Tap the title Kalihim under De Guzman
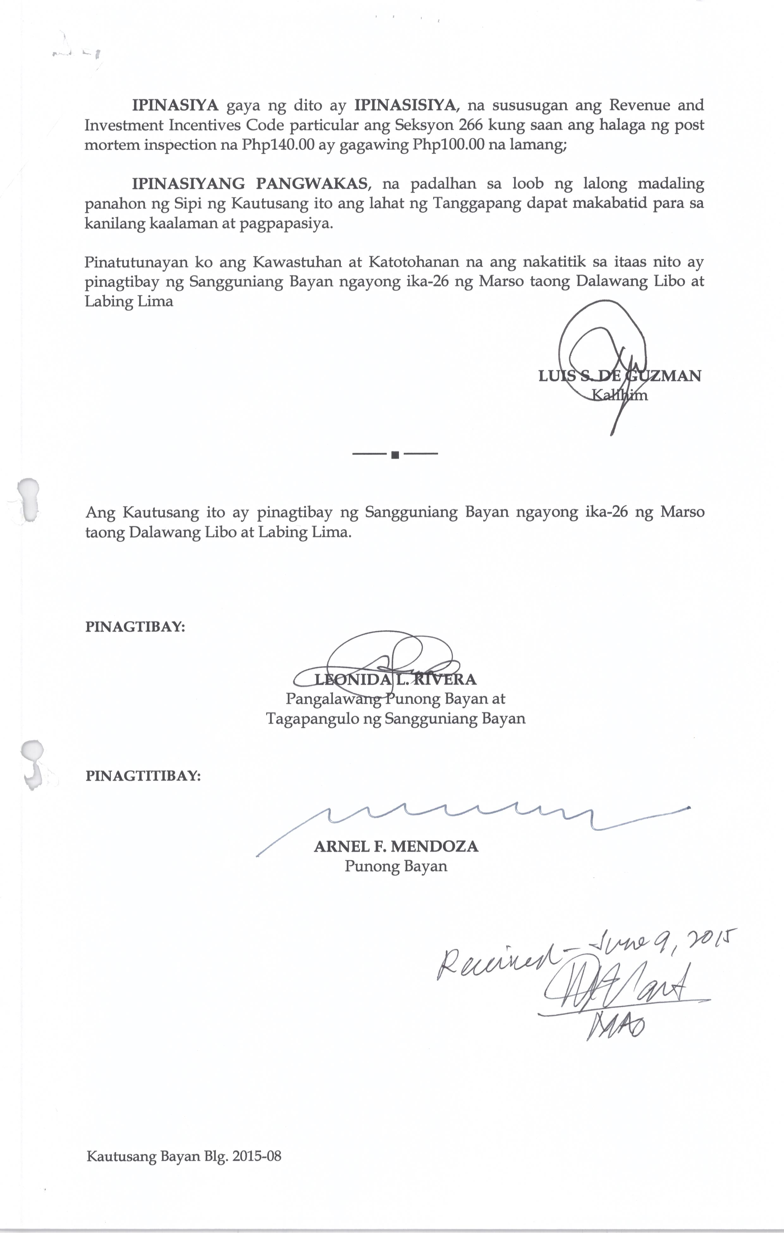click(x=619, y=395)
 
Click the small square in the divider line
click(x=395, y=454)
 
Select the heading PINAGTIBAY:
click(x=135, y=627)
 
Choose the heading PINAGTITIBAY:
click(x=143, y=776)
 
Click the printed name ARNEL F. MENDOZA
click(x=395, y=846)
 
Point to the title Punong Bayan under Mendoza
click(x=395, y=866)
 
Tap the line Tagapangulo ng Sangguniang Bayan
click(x=395, y=719)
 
